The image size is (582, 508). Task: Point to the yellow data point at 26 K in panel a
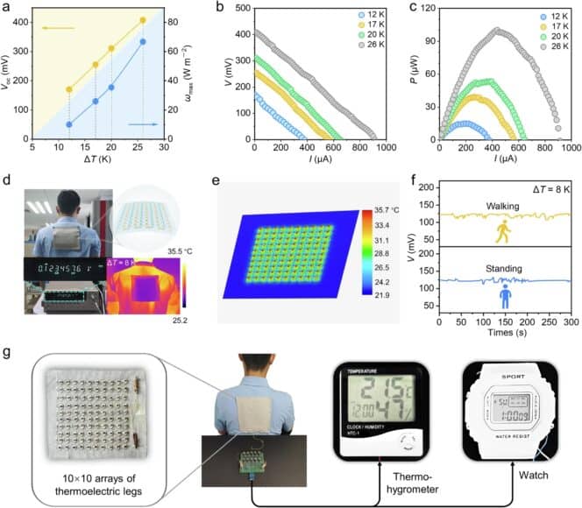pyautogui.click(x=143, y=20)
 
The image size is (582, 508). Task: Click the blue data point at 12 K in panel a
pyautogui.click(x=69, y=124)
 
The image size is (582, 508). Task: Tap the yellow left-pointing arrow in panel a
pyautogui.click(x=58, y=28)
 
